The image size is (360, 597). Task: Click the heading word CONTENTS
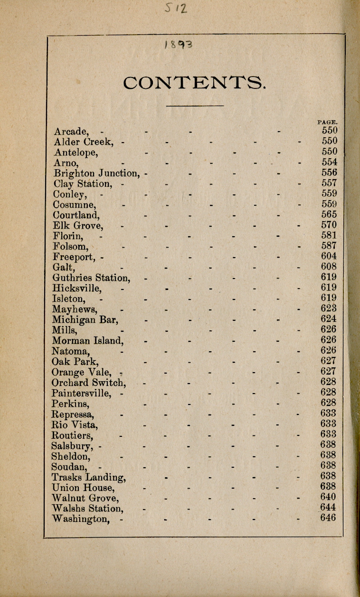[194, 83]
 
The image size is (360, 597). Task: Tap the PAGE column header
[327, 122]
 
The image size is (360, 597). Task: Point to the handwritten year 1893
[178, 46]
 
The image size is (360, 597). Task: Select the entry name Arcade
[71, 131]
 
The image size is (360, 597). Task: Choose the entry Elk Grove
[78, 225]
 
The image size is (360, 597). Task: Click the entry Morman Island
[88, 340]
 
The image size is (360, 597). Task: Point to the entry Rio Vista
[75, 424]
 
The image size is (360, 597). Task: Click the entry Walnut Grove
[85, 498]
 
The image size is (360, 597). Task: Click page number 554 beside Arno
[329, 162]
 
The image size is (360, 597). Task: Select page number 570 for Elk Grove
[329, 225]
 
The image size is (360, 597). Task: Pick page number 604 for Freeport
[329, 256]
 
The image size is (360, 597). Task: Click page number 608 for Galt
[329, 267]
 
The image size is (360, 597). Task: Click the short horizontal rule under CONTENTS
[195, 105]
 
